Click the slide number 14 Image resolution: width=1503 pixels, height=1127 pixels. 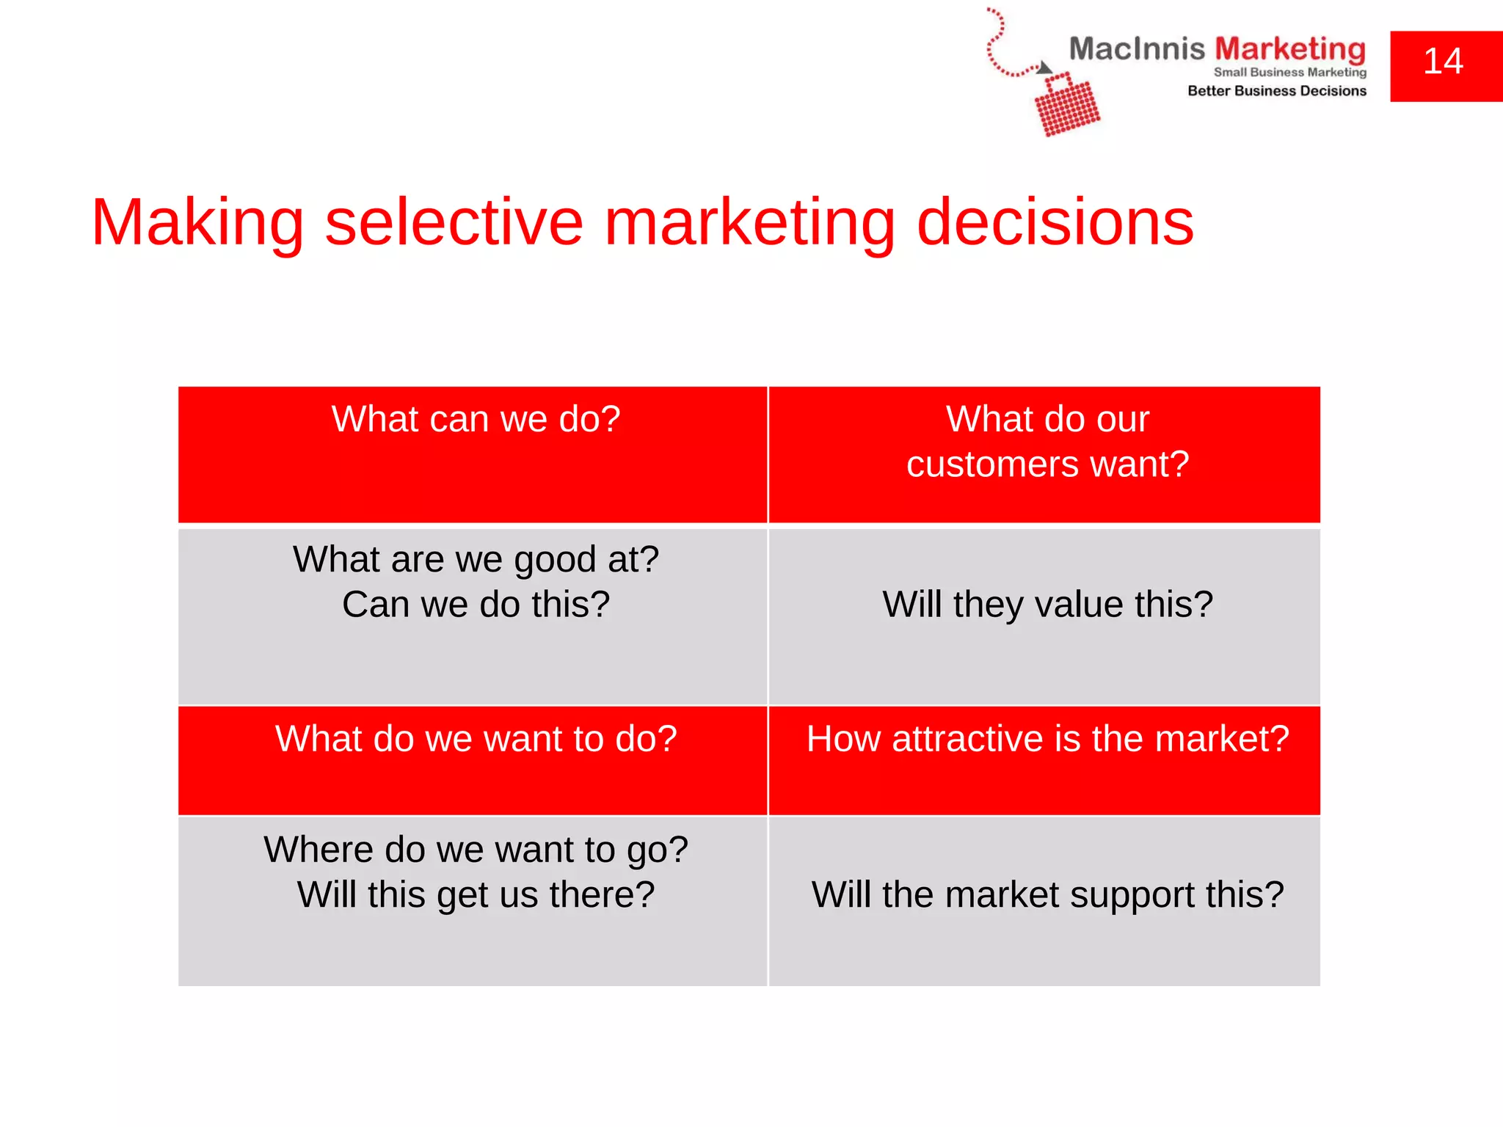point(1443,62)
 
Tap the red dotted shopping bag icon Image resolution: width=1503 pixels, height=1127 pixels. point(1067,106)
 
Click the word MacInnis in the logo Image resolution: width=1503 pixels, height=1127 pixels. point(1136,49)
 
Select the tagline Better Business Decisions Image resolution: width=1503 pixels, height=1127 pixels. point(1277,91)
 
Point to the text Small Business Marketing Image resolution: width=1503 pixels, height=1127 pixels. point(1289,72)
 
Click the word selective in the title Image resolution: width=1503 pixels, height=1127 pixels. point(454,222)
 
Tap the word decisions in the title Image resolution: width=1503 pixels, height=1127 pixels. point(1055,222)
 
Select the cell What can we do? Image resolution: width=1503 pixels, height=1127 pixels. point(476,420)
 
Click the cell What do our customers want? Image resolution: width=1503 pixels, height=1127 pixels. point(1047,442)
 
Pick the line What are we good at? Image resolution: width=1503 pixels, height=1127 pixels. point(476,560)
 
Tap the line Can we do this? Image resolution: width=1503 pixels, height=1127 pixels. point(476,605)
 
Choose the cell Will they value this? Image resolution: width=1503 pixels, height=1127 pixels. point(1047,605)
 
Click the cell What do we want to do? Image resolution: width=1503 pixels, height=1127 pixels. point(476,739)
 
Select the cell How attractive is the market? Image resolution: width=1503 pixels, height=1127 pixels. point(1047,739)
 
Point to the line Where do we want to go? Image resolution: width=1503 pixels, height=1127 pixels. point(476,850)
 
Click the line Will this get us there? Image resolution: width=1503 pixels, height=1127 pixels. point(476,895)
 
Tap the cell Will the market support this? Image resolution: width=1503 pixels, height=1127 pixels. point(1047,895)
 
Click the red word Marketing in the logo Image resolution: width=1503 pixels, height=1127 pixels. point(1290,49)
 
